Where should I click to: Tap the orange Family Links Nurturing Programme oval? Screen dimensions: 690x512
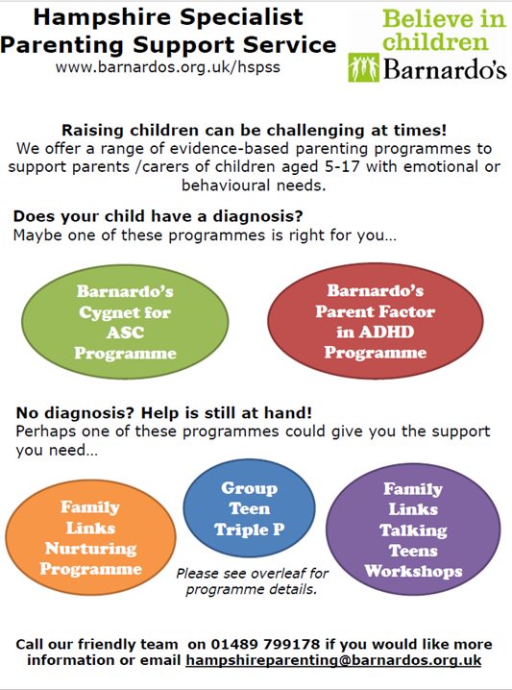tap(88, 537)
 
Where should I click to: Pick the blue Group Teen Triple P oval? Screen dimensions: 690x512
tap(248, 509)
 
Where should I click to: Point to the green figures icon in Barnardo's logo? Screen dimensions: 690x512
tap(364, 67)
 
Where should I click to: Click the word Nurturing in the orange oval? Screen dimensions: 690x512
tap(89, 548)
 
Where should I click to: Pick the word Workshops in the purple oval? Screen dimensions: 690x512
tap(413, 571)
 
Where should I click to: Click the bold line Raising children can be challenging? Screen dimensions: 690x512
tap(255, 131)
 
